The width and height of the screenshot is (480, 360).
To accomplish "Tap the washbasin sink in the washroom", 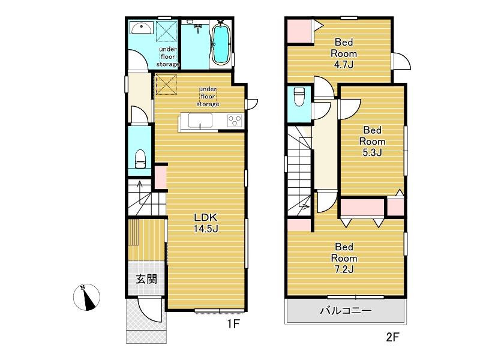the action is click(x=141, y=28).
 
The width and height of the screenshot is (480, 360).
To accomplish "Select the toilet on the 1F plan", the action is click(x=140, y=159).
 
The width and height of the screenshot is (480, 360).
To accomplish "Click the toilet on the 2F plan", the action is click(x=298, y=97).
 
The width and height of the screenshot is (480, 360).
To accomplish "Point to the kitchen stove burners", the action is click(x=235, y=120).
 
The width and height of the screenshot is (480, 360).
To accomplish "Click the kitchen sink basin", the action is click(x=200, y=121).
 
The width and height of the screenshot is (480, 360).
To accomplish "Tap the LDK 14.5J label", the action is click(x=206, y=223).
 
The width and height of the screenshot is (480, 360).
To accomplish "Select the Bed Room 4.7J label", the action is click(x=344, y=53).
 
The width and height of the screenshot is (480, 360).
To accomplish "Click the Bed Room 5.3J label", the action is click(x=372, y=141).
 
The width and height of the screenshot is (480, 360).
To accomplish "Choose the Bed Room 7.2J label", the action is click(x=344, y=258).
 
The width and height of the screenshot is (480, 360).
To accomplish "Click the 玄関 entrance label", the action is click(x=146, y=279).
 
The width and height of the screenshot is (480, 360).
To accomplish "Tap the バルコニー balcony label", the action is click(x=346, y=311).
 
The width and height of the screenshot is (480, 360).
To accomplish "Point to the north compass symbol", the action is click(x=86, y=297).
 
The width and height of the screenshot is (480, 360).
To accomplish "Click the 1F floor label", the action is click(x=233, y=323).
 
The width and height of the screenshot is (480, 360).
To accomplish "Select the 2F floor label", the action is click(x=393, y=337).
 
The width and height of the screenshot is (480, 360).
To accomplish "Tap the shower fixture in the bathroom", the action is click(x=197, y=27).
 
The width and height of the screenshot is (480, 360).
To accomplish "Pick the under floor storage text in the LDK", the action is click(x=208, y=97).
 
